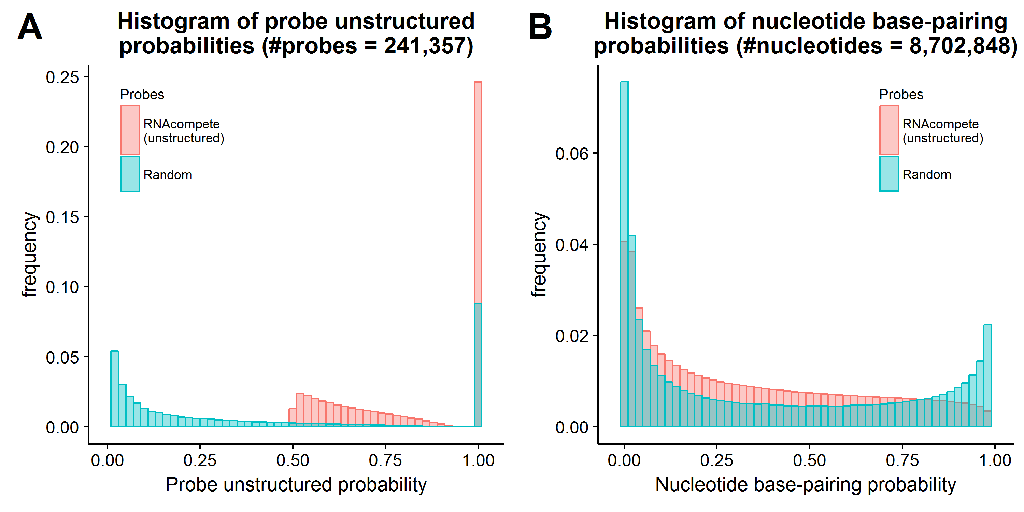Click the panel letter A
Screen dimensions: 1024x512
pos(30,27)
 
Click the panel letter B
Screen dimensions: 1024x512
pos(540,27)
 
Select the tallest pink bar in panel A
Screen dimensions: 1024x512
pos(478,254)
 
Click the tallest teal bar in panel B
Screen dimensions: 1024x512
pos(624,254)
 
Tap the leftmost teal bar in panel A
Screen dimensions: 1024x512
pos(114,389)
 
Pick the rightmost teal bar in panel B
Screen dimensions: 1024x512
pos(987,376)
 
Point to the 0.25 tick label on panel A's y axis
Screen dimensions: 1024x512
pos(62,77)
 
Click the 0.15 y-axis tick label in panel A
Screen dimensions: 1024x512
pos(62,217)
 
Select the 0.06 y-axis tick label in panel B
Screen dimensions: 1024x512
pos(572,154)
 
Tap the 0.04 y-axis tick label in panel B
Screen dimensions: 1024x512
pos(572,244)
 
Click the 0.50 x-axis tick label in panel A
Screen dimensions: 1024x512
pos(293,460)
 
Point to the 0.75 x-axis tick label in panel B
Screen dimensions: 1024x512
pos(902,460)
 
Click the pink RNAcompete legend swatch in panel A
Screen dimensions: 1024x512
pos(130,130)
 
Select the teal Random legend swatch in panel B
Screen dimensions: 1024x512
pos(889,174)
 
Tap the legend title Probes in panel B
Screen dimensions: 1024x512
pos(901,95)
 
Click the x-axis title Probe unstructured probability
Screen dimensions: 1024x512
pos(296,485)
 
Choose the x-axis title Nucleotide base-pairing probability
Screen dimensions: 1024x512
pos(806,485)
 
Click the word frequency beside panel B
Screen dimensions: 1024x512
pos(539,254)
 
